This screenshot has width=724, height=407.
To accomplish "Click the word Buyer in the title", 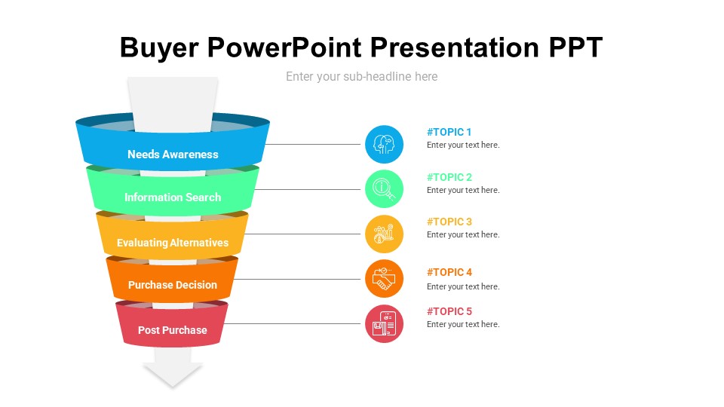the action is click(x=159, y=48).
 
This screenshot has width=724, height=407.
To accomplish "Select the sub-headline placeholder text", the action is click(x=361, y=77).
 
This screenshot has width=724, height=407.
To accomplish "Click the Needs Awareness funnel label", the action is click(x=173, y=154).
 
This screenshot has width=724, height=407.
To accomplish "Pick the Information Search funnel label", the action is click(x=173, y=197).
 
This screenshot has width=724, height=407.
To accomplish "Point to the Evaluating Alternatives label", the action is click(x=173, y=243).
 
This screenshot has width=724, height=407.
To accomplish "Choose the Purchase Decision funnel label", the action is click(x=173, y=285).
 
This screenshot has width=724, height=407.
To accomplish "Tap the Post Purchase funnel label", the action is click(x=173, y=330).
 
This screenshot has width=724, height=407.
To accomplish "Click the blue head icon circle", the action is click(x=384, y=145).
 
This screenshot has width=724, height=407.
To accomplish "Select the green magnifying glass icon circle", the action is click(x=384, y=188).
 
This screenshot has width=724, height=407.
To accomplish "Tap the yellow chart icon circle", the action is click(x=384, y=234).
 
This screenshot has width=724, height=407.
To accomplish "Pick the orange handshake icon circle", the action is click(x=384, y=279).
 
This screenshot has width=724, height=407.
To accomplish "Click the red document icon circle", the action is click(x=384, y=323).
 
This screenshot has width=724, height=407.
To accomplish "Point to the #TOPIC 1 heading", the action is click(x=449, y=132).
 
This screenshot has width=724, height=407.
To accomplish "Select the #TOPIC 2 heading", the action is click(x=449, y=177).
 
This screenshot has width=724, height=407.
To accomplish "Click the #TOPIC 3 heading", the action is click(x=449, y=222).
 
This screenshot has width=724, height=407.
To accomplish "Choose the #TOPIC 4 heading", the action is click(x=449, y=272).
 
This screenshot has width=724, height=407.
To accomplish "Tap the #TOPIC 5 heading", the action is click(x=449, y=311).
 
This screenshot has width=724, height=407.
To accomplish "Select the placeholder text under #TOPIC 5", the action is click(x=463, y=324).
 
